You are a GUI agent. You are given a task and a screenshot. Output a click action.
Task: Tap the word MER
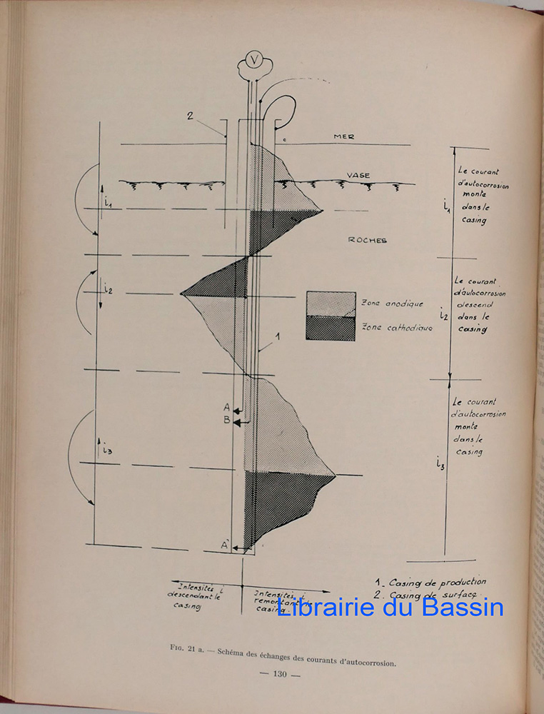tap(344, 136)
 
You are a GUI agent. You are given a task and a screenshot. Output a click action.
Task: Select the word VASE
tap(358, 175)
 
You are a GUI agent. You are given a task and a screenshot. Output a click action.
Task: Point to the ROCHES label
tap(368, 241)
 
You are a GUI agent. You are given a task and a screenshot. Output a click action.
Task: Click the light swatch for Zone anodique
tap(331, 303)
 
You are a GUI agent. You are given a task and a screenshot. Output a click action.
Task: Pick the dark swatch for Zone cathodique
tap(331, 328)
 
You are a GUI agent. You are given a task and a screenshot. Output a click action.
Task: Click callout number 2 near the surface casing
tap(191, 114)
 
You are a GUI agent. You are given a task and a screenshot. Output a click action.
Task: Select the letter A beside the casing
tap(226, 406)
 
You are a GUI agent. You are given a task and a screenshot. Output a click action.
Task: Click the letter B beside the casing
tap(226, 421)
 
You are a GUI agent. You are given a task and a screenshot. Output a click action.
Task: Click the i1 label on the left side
tap(108, 203)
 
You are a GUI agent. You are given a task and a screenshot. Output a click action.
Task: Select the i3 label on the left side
tap(107, 451)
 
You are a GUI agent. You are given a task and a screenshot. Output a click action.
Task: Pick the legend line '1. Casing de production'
tap(430, 582)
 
